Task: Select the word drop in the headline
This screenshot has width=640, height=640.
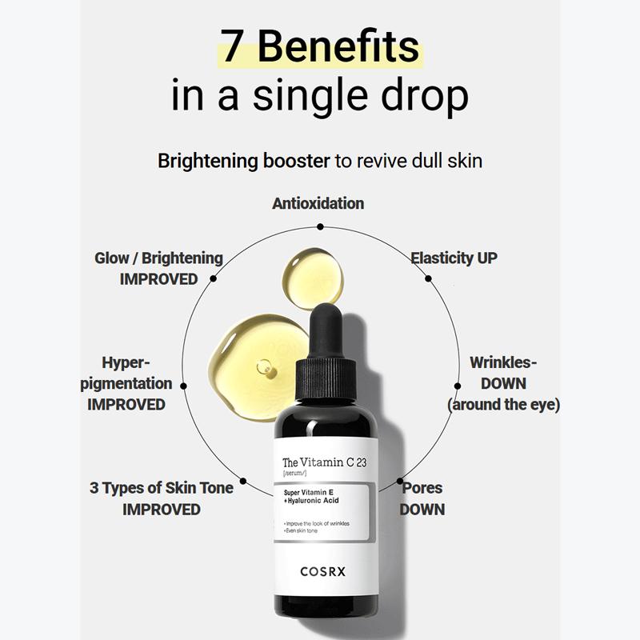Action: point(423,95)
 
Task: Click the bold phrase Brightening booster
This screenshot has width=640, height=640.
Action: point(243,161)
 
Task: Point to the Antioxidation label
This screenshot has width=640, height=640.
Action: point(318,203)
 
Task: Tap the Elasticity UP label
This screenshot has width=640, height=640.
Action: point(454,258)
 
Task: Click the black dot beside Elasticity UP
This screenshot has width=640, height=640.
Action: point(428,278)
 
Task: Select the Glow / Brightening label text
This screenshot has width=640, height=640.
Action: point(158,258)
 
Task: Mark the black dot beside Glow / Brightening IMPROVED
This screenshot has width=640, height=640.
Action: point(214,279)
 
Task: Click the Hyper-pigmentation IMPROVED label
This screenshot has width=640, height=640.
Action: point(126,383)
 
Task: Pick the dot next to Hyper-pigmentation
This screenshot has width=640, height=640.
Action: point(183,385)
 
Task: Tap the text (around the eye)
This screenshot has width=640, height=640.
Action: point(503,404)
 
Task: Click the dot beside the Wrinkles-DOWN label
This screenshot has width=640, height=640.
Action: point(458,385)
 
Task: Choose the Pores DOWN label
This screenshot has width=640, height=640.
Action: point(422,498)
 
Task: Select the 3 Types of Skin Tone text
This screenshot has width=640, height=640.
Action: point(162,488)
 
